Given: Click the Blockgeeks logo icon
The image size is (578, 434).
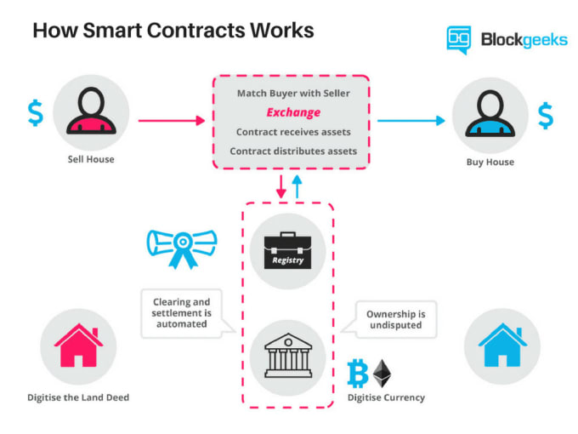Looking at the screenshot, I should tap(459, 39).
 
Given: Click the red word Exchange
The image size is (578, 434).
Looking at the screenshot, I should tap(293, 112).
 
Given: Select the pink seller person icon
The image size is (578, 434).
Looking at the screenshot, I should tap(91, 113).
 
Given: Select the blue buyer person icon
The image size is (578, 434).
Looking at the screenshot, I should tap(490, 113).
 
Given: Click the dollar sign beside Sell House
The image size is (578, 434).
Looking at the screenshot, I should tap(35, 113).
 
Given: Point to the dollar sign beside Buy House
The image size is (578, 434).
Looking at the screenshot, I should tap(545, 114).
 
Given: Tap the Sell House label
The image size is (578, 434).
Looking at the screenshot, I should tap(91, 159).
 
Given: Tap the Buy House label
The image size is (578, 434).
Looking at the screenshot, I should tap(490, 162).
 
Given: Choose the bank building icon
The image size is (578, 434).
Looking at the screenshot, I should tap(288, 355).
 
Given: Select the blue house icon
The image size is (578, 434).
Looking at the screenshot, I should tap(502, 345).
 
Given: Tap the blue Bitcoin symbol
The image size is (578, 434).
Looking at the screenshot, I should tap(358, 374).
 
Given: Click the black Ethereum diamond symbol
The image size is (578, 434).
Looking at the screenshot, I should tap(384, 374).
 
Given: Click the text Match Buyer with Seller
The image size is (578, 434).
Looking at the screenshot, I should tap(293, 92).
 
